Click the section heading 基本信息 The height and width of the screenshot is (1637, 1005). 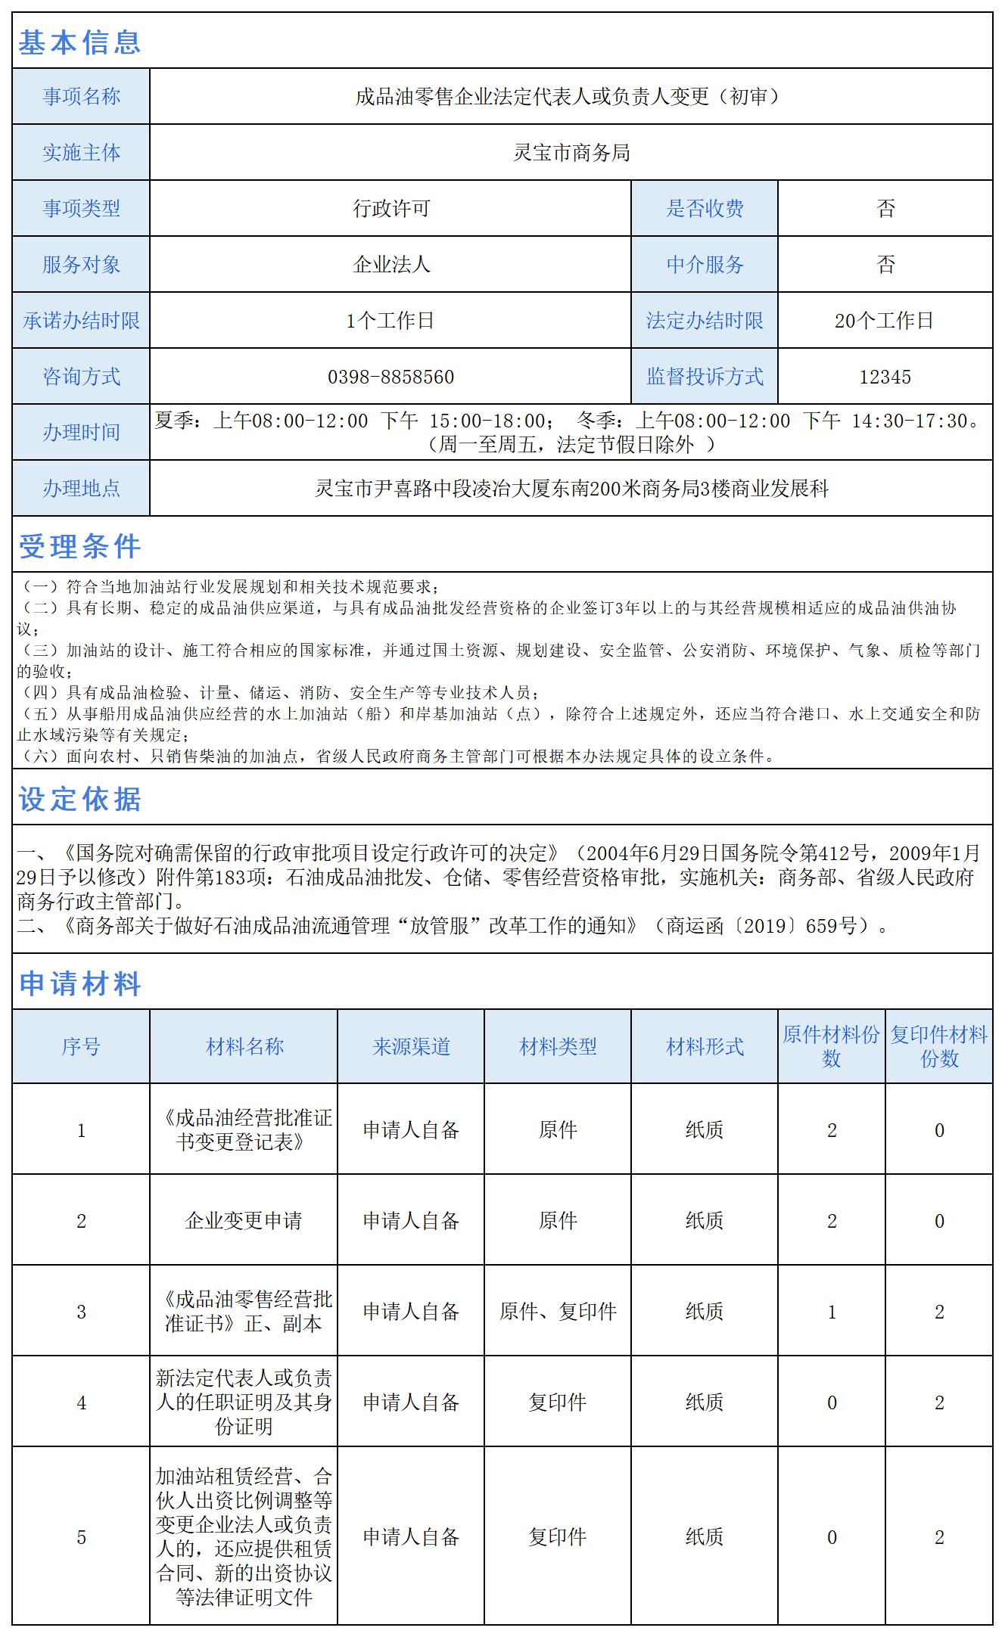(x=79, y=42)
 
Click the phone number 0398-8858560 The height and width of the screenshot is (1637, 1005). (x=390, y=377)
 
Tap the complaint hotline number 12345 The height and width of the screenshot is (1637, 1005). (x=885, y=377)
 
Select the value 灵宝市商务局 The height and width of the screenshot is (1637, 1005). (x=571, y=153)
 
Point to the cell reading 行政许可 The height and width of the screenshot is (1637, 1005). (x=390, y=209)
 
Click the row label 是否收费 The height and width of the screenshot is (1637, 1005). (x=705, y=209)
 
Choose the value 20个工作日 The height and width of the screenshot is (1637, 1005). (x=885, y=321)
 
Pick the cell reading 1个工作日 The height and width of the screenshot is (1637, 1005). (x=390, y=321)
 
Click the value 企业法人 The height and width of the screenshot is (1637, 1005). (x=390, y=265)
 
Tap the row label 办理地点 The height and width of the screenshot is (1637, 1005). (x=81, y=489)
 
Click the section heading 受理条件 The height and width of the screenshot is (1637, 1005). (x=79, y=546)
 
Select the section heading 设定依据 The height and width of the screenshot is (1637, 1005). (x=79, y=799)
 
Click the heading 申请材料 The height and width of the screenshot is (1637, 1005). (x=79, y=983)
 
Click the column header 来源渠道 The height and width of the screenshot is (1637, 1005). (x=411, y=1047)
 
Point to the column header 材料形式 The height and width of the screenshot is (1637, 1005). (x=705, y=1047)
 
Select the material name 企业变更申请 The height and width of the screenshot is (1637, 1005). (x=244, y=1220)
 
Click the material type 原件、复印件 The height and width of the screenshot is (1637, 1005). (x=558, y=1311)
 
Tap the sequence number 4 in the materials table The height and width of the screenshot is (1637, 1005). (x=81, y=1402)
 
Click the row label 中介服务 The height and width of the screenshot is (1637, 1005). (x=705, y=265)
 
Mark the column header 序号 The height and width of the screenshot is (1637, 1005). (x=81, y=1047)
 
